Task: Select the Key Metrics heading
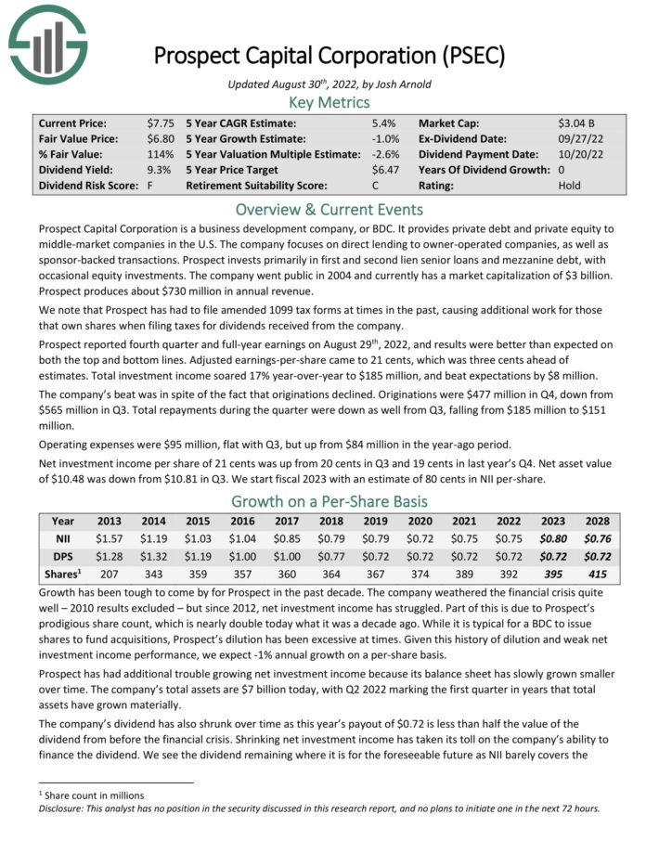click(329, 102)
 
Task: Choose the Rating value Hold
click(570, 186)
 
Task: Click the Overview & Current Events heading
click(329, 209)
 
